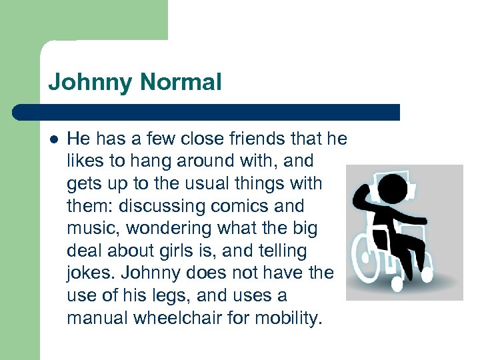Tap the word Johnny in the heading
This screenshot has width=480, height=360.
(90, 83)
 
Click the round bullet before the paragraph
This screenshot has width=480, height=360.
(54, 139)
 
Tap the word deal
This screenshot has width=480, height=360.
(85, 251)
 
